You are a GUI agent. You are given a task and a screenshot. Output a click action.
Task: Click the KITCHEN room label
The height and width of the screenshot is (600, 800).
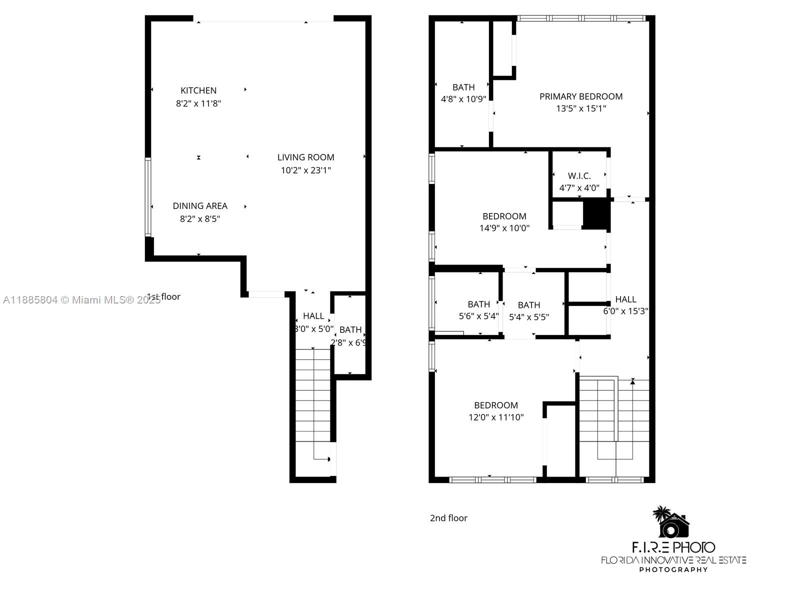(198, 90)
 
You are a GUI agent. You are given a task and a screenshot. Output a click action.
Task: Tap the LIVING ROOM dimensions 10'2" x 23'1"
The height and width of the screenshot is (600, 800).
(305, 170)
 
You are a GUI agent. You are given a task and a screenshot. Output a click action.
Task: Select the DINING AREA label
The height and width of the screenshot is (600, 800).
(200, 205)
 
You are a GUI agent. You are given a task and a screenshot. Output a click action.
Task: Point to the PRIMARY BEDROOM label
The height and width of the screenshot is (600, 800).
(580, 96)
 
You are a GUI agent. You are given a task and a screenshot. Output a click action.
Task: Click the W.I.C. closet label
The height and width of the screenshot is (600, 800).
(579, 175)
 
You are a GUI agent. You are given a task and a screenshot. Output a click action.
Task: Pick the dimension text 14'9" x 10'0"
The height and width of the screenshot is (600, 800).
(504, 228)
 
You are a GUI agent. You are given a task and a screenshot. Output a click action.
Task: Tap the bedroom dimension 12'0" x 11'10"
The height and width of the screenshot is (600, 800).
(495, 417)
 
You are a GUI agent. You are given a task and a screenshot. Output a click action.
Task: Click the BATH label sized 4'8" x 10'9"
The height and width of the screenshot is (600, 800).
(463, 87)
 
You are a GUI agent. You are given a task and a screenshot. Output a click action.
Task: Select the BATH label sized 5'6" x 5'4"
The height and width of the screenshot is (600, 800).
(478, 304)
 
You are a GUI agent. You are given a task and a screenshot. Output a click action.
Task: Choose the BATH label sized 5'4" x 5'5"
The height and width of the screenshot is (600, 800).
(528, 305)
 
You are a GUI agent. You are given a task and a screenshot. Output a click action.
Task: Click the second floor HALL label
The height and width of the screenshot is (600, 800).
(625, 299)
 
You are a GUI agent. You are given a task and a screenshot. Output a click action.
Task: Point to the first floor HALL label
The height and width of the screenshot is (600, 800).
(313, 316)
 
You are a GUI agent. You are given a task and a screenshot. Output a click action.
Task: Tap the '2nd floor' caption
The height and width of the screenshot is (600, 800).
(448, 518)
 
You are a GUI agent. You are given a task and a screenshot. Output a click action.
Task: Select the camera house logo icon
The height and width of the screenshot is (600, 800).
(672, 522)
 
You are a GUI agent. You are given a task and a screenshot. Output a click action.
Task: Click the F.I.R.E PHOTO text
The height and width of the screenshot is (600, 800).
(673, 547)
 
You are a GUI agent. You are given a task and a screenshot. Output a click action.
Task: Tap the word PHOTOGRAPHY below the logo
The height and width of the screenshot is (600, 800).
(673, 569)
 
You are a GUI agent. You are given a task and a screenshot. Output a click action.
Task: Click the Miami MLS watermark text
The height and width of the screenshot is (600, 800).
(80, 300)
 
